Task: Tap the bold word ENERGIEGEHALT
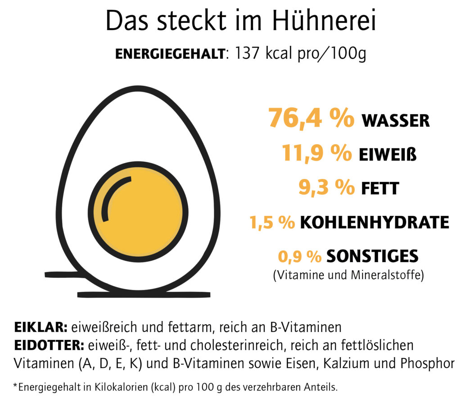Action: [x=170, y=54]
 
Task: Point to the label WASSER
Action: [x=396, y=120]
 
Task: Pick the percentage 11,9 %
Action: [x=317, y=153]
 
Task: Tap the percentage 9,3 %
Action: [x=326, y=187]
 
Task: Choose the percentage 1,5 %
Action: [x=272, y=222]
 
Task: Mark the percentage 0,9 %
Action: [x=300, y=256]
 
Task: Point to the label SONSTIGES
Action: [x=372, y=256]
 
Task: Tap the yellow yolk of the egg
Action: [x=149, y=216]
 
